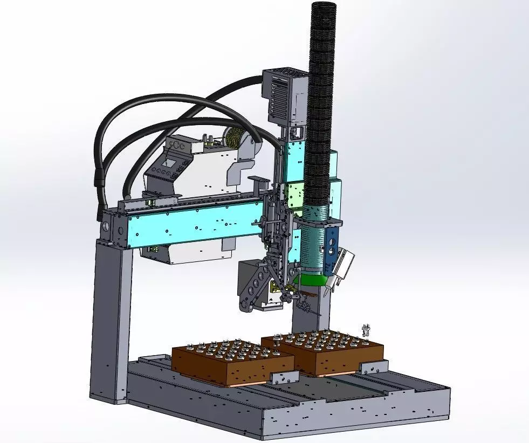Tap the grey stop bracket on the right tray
[x=374, y=367]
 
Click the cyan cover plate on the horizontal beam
[x=194, y=224]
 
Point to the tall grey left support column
[x=111, y=318]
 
